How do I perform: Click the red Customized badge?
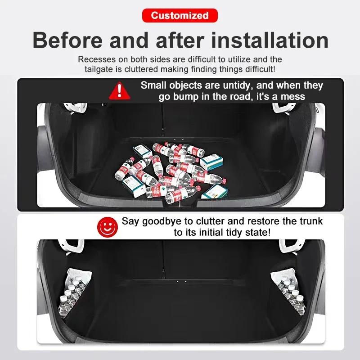pos(180,15)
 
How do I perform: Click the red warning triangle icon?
pos(119,90)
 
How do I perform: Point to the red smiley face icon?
pos(107,225)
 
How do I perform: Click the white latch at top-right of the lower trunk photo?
pos(288,245)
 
